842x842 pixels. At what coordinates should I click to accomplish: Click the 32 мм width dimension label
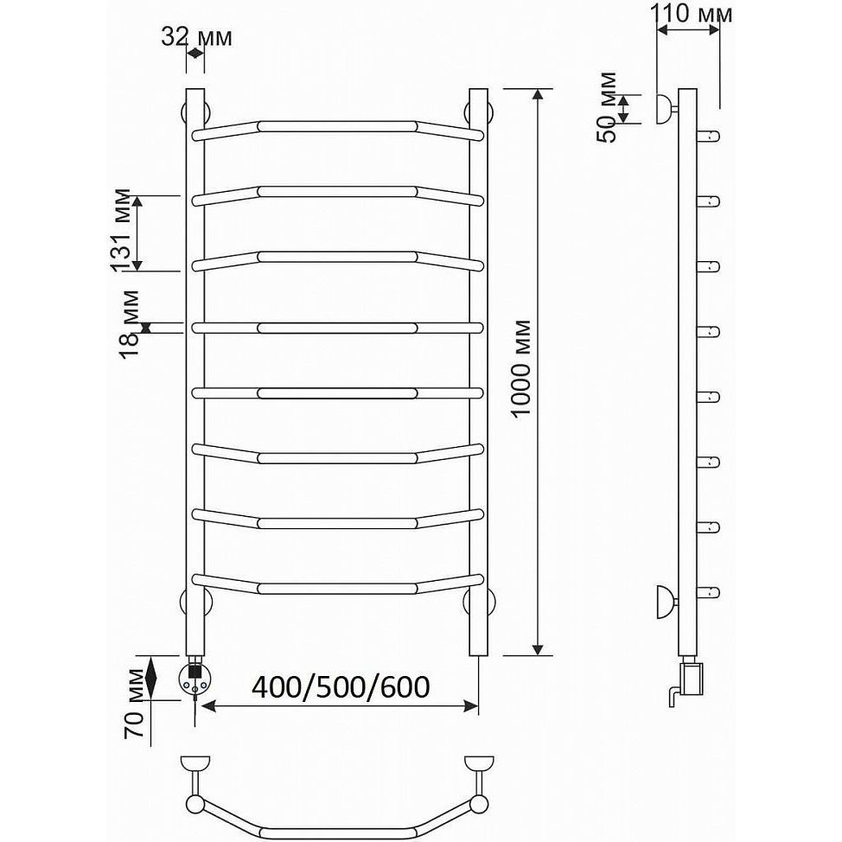tap(196, 37)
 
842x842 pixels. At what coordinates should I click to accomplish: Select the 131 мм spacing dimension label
tap(120, 231)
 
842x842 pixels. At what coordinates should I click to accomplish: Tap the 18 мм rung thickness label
tap(128, 324)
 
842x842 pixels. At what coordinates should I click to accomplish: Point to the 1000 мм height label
tap(521, 368)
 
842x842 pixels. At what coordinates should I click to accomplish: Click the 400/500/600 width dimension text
tap(341, 686)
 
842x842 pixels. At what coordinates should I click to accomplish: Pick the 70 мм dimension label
tap(135, 704)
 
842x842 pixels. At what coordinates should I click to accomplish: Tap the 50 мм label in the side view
tap(608, 107)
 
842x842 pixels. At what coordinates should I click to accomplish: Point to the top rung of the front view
tap(338, 128)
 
